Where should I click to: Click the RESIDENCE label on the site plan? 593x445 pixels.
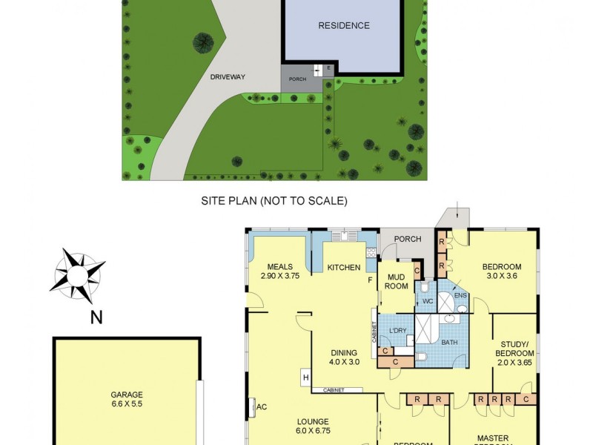click(x=343, y=26)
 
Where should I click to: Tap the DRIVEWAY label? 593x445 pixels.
click(x=227, y=76)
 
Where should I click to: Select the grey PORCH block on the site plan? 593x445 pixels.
click(x=297, y=79)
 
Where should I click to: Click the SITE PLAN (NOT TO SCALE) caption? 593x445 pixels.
click(x=274, y=201)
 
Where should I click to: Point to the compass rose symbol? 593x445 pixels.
click(x=77, y=276)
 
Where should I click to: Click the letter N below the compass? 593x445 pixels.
click(x=96, y=318)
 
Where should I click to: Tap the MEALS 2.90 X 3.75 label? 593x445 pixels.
click(x=280, y=271)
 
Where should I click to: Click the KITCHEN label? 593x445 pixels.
click(x=343, y=268)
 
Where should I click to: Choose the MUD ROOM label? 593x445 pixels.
click(x=397, y=281)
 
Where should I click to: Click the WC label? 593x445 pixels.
click(x=427, y=302)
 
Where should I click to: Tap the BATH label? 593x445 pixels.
click(x=450, y=343)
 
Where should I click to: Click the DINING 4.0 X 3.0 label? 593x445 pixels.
click(x=345, y=357)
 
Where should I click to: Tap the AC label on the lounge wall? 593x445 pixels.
click(x=261, y=406)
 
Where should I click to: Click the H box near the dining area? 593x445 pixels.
click(x=305, y=378)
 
